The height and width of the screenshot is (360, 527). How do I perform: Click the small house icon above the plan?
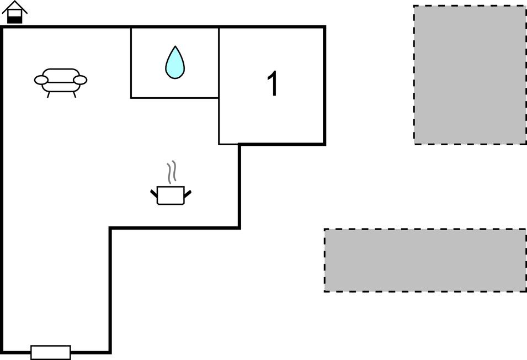(15, 12)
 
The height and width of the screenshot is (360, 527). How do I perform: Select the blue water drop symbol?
(175, 63)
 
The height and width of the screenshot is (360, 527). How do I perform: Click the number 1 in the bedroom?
(273, 84)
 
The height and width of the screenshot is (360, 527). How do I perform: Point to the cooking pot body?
(171, 195)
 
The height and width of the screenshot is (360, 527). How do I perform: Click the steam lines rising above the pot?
(172, 172)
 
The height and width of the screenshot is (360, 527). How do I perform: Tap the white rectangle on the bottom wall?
(51, 352)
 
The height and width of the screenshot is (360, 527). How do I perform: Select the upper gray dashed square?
(470, 75)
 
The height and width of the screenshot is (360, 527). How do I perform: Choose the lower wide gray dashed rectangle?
(425, 260)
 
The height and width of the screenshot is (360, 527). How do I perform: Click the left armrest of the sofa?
(40, 81)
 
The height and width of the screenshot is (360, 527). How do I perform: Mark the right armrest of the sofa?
(81, 81)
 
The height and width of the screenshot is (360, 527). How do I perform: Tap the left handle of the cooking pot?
(154, 193)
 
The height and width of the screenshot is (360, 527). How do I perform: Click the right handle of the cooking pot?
(188, 193)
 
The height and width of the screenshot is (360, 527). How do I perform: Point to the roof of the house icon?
(15, 6)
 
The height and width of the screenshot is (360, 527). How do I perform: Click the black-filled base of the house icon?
(15, 19)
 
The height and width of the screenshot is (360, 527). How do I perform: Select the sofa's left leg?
(49, 94)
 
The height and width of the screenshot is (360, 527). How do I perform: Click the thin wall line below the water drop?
(175, 98)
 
